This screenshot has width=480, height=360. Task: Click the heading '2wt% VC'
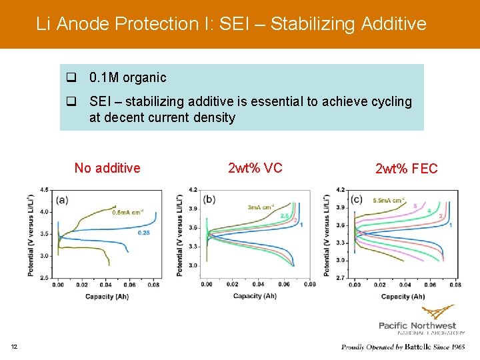pyautogui.click(x=255, y=167)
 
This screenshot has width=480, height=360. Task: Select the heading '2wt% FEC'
pyautogui.click(x=407, y=169)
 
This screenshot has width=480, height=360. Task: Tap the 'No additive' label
pyautogui.click(x=107, y=167)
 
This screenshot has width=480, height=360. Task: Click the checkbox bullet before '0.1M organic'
pyautogui.click(x=71, y=78)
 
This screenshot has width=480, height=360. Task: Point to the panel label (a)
pyautogui.click(x=62, y=199)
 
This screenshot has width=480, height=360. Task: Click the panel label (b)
pyautogui.click(x=209, y=199)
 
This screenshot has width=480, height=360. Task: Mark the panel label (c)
pyautogui.click(x=356, y=199)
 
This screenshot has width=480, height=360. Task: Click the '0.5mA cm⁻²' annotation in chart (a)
pyautogui.click(x=127, y=213)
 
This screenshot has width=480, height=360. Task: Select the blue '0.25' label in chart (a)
pyautogui.click(x=143, y=233)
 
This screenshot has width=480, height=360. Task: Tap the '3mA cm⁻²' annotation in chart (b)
pyautogui.click(x=262, y=207)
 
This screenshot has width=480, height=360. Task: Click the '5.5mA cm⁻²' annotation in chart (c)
pyautogui.click(x=389, y=201)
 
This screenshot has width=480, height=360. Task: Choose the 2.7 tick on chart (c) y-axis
pyautogui.click(x=339, y=277)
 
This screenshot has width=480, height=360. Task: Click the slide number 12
pyautogui.click(x=14, y=345)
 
